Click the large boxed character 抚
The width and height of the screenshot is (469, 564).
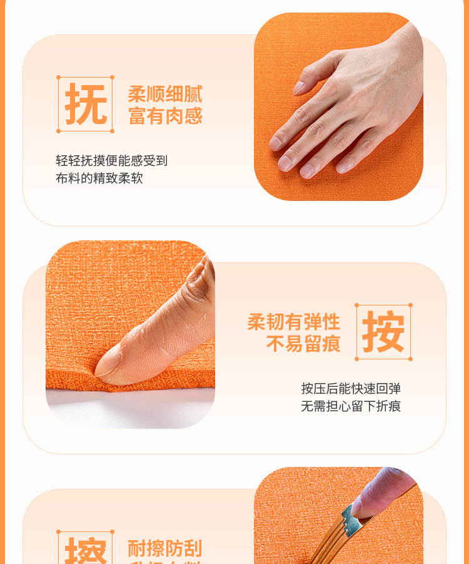86,105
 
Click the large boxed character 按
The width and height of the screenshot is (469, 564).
383,332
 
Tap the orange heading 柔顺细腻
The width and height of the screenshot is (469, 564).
165,95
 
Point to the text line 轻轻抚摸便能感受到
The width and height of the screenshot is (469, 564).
112,161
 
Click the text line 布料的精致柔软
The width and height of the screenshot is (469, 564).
99,178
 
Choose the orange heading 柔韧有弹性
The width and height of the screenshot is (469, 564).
293,322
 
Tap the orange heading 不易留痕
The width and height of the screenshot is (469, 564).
303,344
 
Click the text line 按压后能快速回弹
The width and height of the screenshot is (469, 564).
351,389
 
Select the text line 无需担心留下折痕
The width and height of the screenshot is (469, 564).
351,406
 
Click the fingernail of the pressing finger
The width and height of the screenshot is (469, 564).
108,362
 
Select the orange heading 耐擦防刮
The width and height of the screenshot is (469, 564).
165,548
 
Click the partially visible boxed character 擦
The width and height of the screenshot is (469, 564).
86,551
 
